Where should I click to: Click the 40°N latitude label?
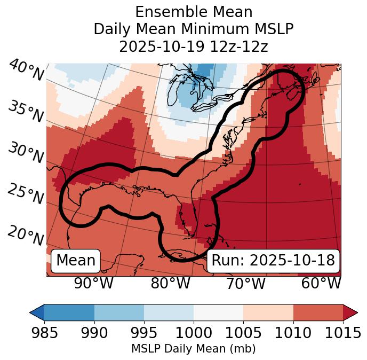(x=26, y=71)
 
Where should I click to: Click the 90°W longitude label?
(x=94, y=283)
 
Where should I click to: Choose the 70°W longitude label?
(x=245, y=283)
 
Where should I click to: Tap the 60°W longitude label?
(x=321, y=283)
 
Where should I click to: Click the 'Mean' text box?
(x=76, y=261)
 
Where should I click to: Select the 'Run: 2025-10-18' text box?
(x=273, y=261)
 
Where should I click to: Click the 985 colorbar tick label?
(x=44, y=333)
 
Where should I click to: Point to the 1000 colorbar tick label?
(x=194, y=333)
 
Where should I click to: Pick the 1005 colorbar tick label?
(x=243, y=333)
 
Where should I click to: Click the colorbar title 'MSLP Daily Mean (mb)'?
(x=193, y=349)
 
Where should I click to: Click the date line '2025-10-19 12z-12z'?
(x=194, y=46)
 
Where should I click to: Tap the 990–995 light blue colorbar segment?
(x=119, y=312)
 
